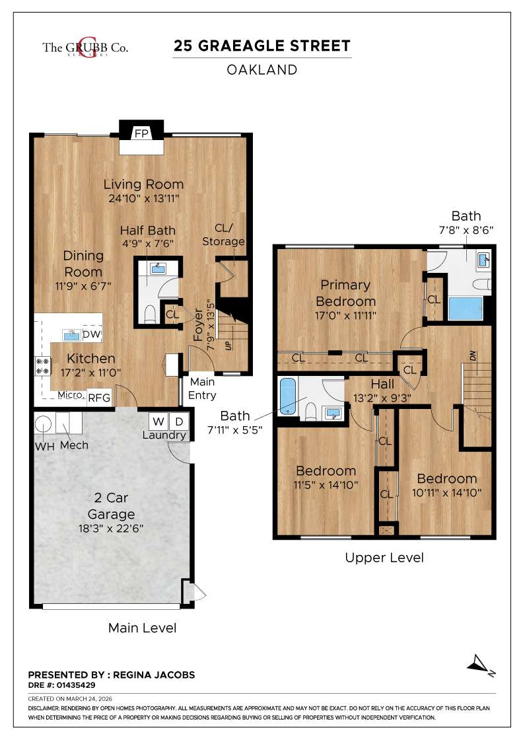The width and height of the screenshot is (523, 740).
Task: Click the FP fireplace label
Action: tap(141, 133)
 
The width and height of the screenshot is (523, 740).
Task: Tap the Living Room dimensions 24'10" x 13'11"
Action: tap(143, 198)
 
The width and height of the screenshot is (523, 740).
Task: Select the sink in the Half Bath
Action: tap(157, 268)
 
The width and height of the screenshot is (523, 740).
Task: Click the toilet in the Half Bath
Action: tap(149, 313)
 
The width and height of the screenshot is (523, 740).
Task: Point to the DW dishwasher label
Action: tap(92, 336)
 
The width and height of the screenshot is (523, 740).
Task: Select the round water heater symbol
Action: tap(43, 424)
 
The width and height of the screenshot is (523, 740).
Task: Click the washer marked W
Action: tap(158, 421)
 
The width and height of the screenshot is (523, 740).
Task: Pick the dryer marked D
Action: tap(179, 421)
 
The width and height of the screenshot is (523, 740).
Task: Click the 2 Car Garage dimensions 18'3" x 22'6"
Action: tap(111, 529)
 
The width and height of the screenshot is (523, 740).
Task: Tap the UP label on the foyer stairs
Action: tap(228, 345)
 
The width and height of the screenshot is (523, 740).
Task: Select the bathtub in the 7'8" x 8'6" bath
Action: tap(466, 309)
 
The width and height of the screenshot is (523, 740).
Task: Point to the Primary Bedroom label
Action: tap(345, 292)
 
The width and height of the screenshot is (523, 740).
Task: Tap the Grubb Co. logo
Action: tap(85, 47)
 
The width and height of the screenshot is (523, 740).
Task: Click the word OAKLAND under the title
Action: tap(261, 69)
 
